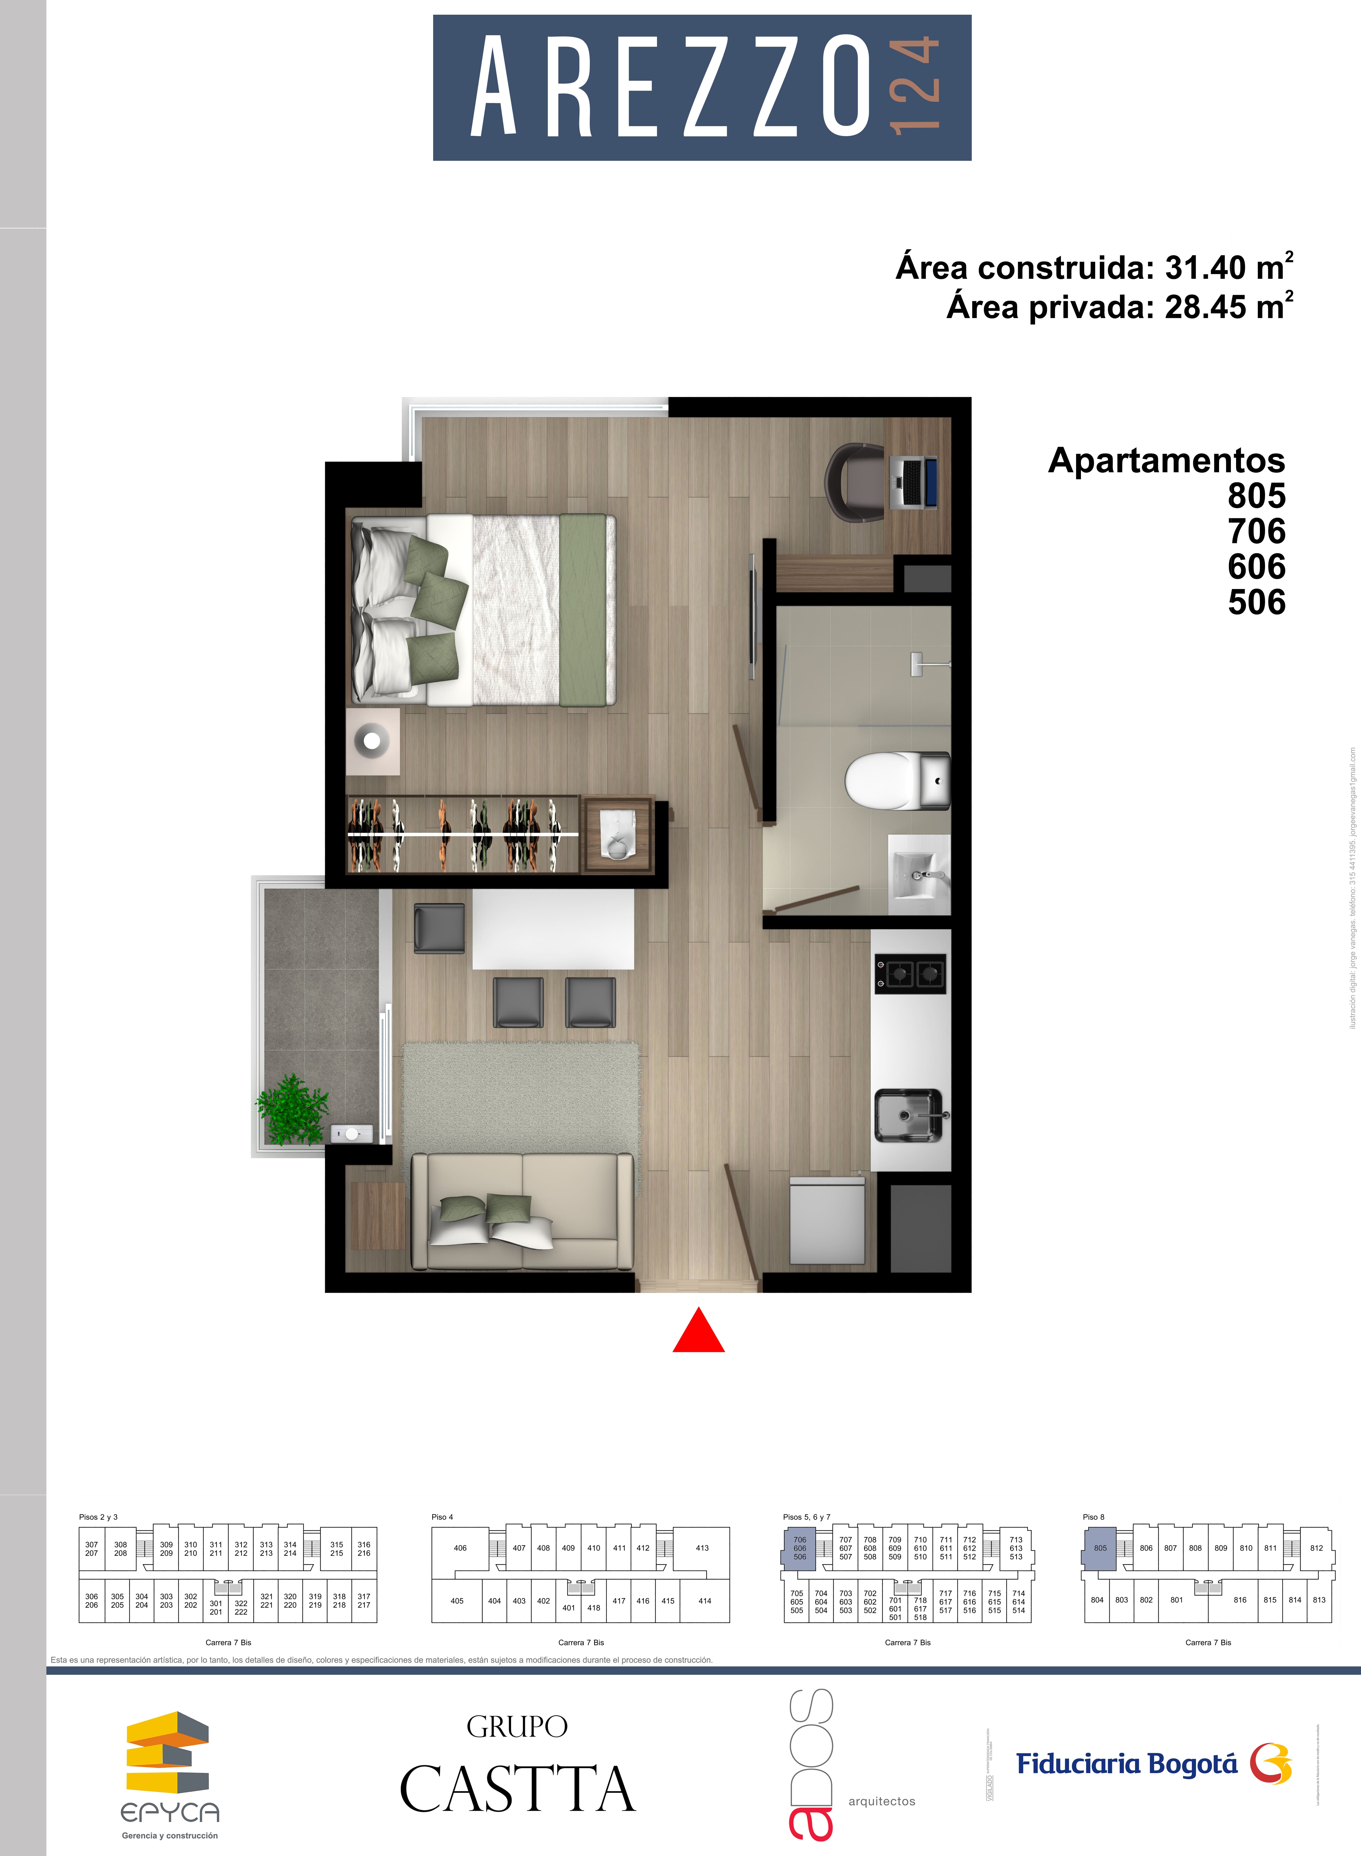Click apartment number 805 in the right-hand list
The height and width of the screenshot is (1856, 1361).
[1256, 496]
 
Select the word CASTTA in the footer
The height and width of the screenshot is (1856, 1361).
[517, 1789]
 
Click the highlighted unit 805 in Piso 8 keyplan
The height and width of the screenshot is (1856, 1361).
[1100, 1548]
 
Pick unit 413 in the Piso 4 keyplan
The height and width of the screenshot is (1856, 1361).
[702, 1548]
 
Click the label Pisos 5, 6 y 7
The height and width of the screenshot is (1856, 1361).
[806, 1517]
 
